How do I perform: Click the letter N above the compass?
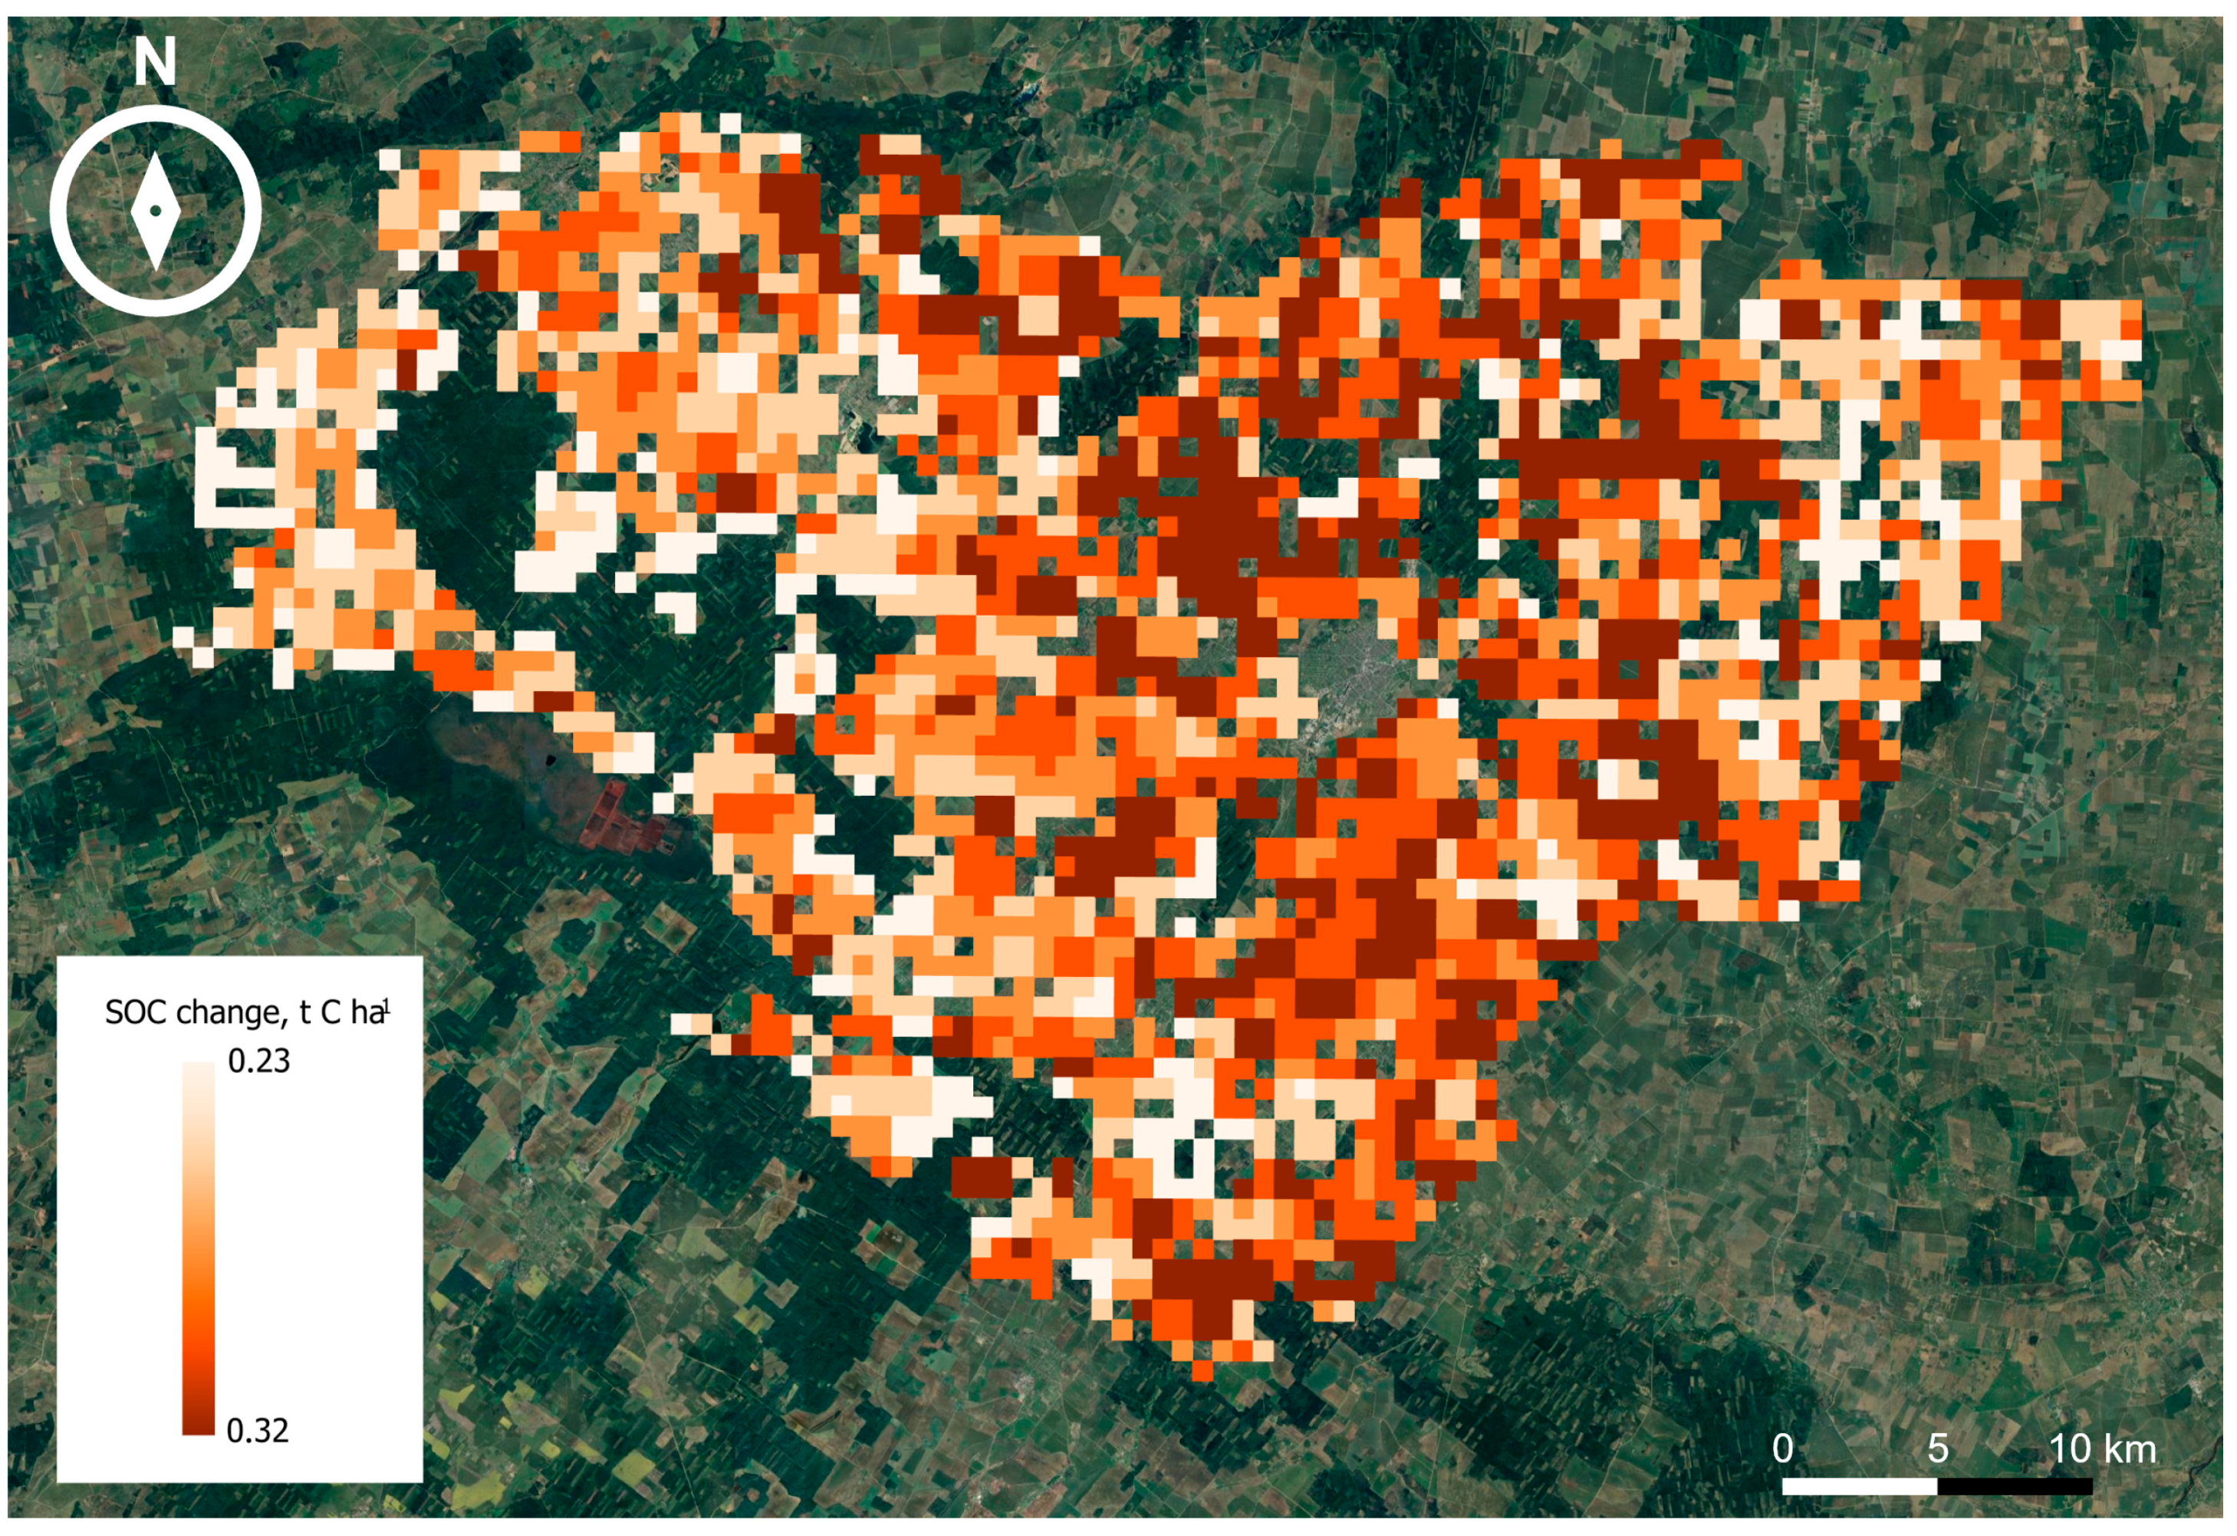(x=154, y=63)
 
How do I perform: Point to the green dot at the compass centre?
(x=155, y=211)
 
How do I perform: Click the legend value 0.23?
(x=258, y=1061)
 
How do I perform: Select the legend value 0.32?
(x=257, y=1430)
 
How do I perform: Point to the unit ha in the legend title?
(x=366, y=1012)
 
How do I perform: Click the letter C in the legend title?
(x=331, y=1012)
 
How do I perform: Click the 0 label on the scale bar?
(x=1783, y=1449)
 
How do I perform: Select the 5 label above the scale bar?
(x=1938, y=1449)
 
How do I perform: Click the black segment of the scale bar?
(x=2015, y=1486)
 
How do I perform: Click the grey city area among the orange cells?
(x=1357, y=664)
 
